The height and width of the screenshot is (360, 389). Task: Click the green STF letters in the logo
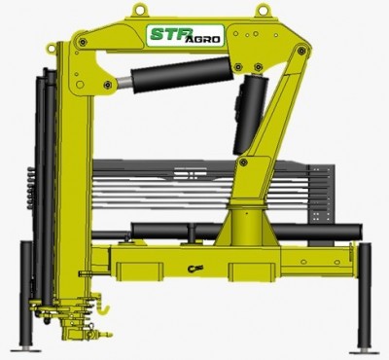point(170,36)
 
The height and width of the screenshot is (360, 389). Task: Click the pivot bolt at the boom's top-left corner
point(86,43)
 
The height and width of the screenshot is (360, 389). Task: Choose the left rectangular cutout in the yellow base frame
point(134,265)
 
